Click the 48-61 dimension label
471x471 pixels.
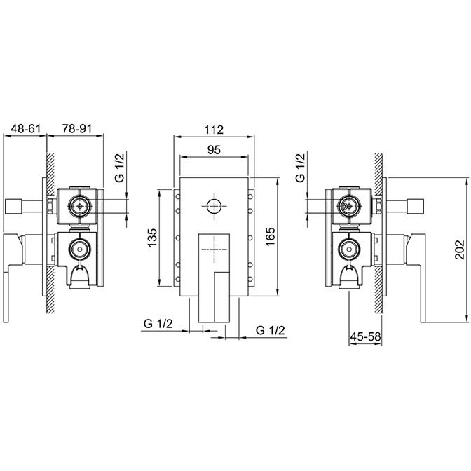coord(25,128)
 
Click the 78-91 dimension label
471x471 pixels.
coord(76,128)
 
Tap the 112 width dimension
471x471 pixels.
coord(214,130)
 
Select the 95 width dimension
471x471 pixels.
coord(214,149)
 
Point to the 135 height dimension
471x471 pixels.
coord(152,238)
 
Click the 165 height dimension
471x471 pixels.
coord(270,236)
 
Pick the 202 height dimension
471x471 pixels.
coord(460,250)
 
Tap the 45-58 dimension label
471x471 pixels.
coord(366,336)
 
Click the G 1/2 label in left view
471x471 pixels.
coord(119,168)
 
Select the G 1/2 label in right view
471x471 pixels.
coord(300,168)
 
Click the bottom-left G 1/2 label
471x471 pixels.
coord(158,324)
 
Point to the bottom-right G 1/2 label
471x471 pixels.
coord(270,330)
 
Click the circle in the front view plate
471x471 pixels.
coord(214,206)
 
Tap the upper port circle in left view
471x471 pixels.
coord(79,206)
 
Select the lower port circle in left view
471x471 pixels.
coord(79,249)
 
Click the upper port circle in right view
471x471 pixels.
coord(349,206)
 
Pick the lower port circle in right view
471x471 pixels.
coord(349,249)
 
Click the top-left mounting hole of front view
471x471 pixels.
coord(178,197)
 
